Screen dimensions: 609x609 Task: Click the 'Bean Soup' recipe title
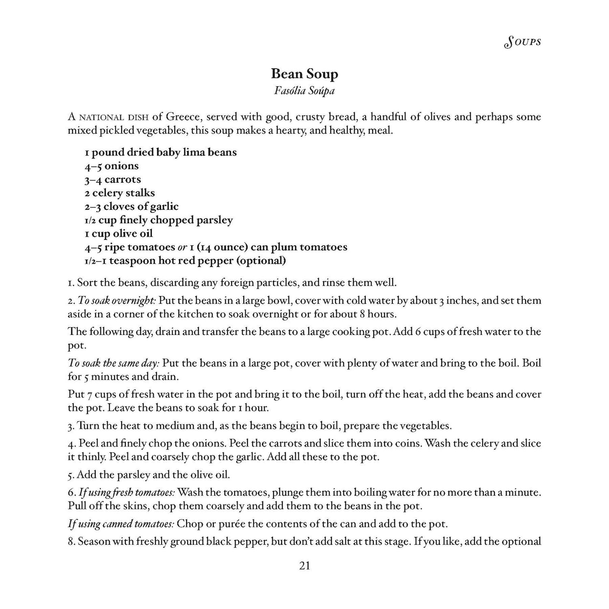point(304,74)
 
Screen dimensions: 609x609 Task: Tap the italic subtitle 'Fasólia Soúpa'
point(304,91)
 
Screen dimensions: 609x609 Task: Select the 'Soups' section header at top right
point(522,42)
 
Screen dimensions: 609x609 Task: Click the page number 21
point(304,566)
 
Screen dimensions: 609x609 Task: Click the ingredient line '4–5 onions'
point(112,166)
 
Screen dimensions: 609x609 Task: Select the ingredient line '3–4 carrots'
point(113,179)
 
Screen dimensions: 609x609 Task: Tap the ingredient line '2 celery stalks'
point(120,193)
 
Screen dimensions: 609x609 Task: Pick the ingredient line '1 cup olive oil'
point(119,233)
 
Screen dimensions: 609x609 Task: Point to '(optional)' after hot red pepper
point(261,260)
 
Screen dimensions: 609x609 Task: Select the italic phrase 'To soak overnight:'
point(117,301)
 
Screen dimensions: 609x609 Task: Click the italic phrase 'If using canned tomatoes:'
point(121,524)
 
